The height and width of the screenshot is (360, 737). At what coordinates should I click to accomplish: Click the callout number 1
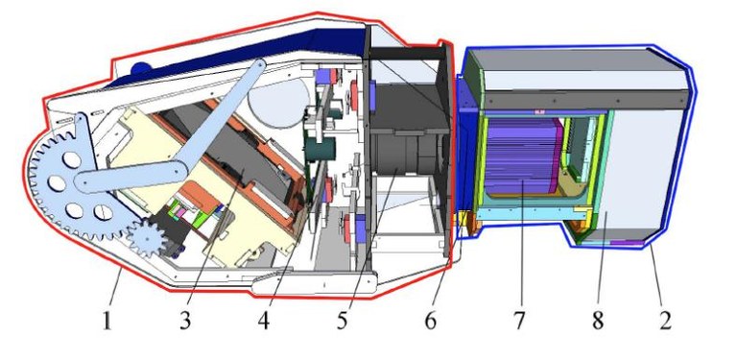[x=107, y=322]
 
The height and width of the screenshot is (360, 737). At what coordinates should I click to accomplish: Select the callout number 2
[x=665, y=322]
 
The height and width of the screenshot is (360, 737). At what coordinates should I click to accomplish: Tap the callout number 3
[x=185, y=322]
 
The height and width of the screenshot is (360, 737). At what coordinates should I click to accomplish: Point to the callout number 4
[x=264, y=322]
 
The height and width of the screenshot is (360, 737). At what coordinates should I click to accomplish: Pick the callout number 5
[x=342, y=322]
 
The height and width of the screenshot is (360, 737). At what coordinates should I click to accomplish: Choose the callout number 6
[x=431, y=322]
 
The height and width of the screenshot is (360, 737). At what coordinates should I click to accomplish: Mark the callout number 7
[x=519, y=322]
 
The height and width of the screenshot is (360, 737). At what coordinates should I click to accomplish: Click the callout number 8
[x=598, y=322]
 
